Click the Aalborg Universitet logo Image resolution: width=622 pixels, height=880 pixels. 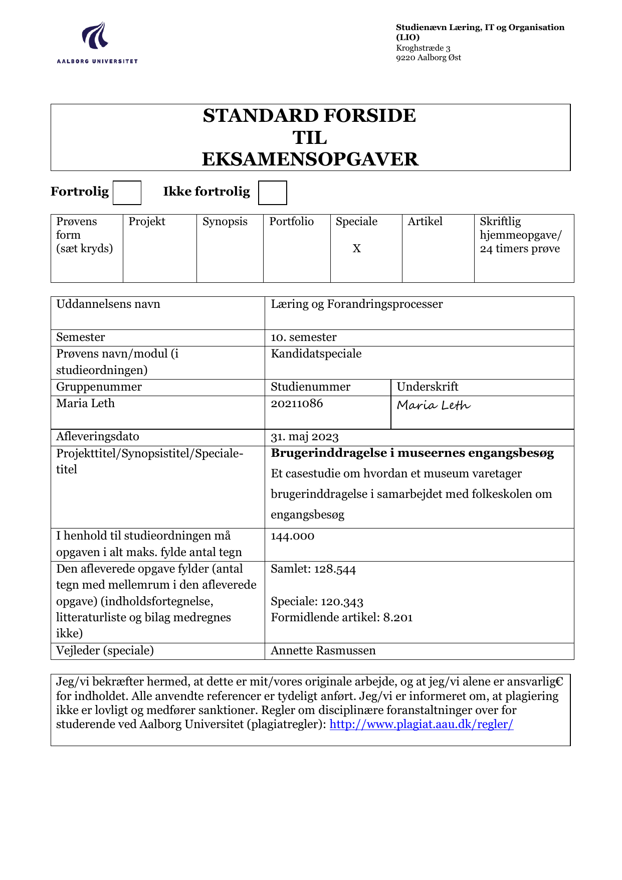[x=97, y=43]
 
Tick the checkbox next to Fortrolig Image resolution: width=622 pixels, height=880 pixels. [x=127, y=193]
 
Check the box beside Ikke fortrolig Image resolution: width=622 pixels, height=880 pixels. [x=272, y=193]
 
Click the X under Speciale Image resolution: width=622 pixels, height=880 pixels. [x=356, y=249]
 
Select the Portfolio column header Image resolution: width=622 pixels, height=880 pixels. [x=291, y=222]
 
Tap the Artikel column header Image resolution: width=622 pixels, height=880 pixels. [x=425, y=222]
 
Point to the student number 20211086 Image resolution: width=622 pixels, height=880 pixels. [x=297, y=404]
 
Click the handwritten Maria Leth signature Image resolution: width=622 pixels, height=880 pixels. [x=434, y=405]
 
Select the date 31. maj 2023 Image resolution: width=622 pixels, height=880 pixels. [x=305, y=437]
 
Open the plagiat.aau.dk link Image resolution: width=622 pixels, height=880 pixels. [x=421, y=724]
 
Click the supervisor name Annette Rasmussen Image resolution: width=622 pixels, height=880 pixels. [x=323, y=651]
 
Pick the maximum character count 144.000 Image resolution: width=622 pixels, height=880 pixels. [x=292, y=536]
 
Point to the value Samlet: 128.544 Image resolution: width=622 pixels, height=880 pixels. [x=313, y=569]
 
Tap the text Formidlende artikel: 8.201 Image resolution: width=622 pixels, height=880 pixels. [x=341, y=617]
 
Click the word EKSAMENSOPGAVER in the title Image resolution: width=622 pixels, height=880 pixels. [x=310, y=159]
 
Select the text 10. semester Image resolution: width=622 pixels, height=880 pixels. [x=303, y=337]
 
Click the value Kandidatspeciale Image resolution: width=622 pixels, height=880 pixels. [x=316, y=354]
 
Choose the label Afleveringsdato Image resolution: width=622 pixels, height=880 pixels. [x=98, y=437]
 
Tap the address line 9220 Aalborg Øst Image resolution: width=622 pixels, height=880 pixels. [x=428, y=58]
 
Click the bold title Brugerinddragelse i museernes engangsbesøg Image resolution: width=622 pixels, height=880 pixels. [x=412, y=453]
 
